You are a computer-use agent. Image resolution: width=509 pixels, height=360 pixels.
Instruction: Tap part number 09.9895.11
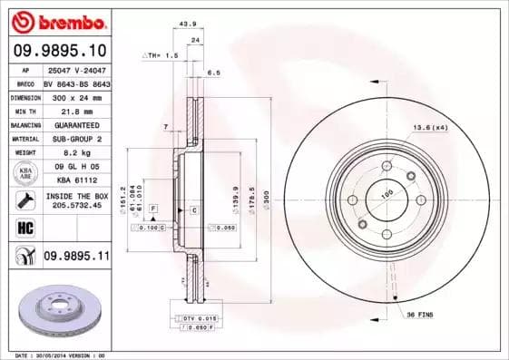76,257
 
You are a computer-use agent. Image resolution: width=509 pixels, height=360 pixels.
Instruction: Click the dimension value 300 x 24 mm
75,96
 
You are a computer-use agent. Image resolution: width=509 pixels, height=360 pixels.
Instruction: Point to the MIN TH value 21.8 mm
75,110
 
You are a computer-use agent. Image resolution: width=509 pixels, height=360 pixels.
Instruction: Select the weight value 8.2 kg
75,153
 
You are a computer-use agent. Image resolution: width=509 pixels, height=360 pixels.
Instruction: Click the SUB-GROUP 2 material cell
75,139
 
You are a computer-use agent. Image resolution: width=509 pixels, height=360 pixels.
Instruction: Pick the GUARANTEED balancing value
75,124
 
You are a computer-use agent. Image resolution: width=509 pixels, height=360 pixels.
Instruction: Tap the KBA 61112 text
75,180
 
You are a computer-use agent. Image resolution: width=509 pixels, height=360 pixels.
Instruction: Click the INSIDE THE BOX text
76,196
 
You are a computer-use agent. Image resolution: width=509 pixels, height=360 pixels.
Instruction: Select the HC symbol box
24,228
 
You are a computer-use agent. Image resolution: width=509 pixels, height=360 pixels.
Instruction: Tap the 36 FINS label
419,314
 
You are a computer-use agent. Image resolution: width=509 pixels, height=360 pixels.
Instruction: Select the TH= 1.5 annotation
160,56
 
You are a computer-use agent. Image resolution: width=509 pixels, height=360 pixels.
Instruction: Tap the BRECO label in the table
25,83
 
